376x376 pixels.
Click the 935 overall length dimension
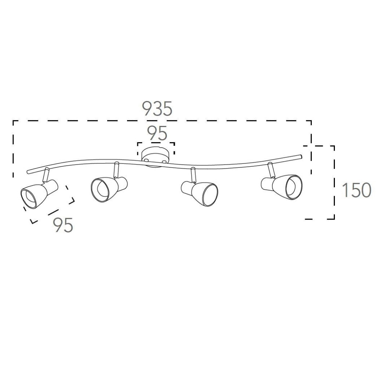[x=157, y=108]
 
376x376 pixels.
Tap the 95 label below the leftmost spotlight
[x=63, y=225]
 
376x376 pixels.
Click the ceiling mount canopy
[x=155, y=158]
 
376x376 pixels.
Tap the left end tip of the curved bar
[x=28, y=172]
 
